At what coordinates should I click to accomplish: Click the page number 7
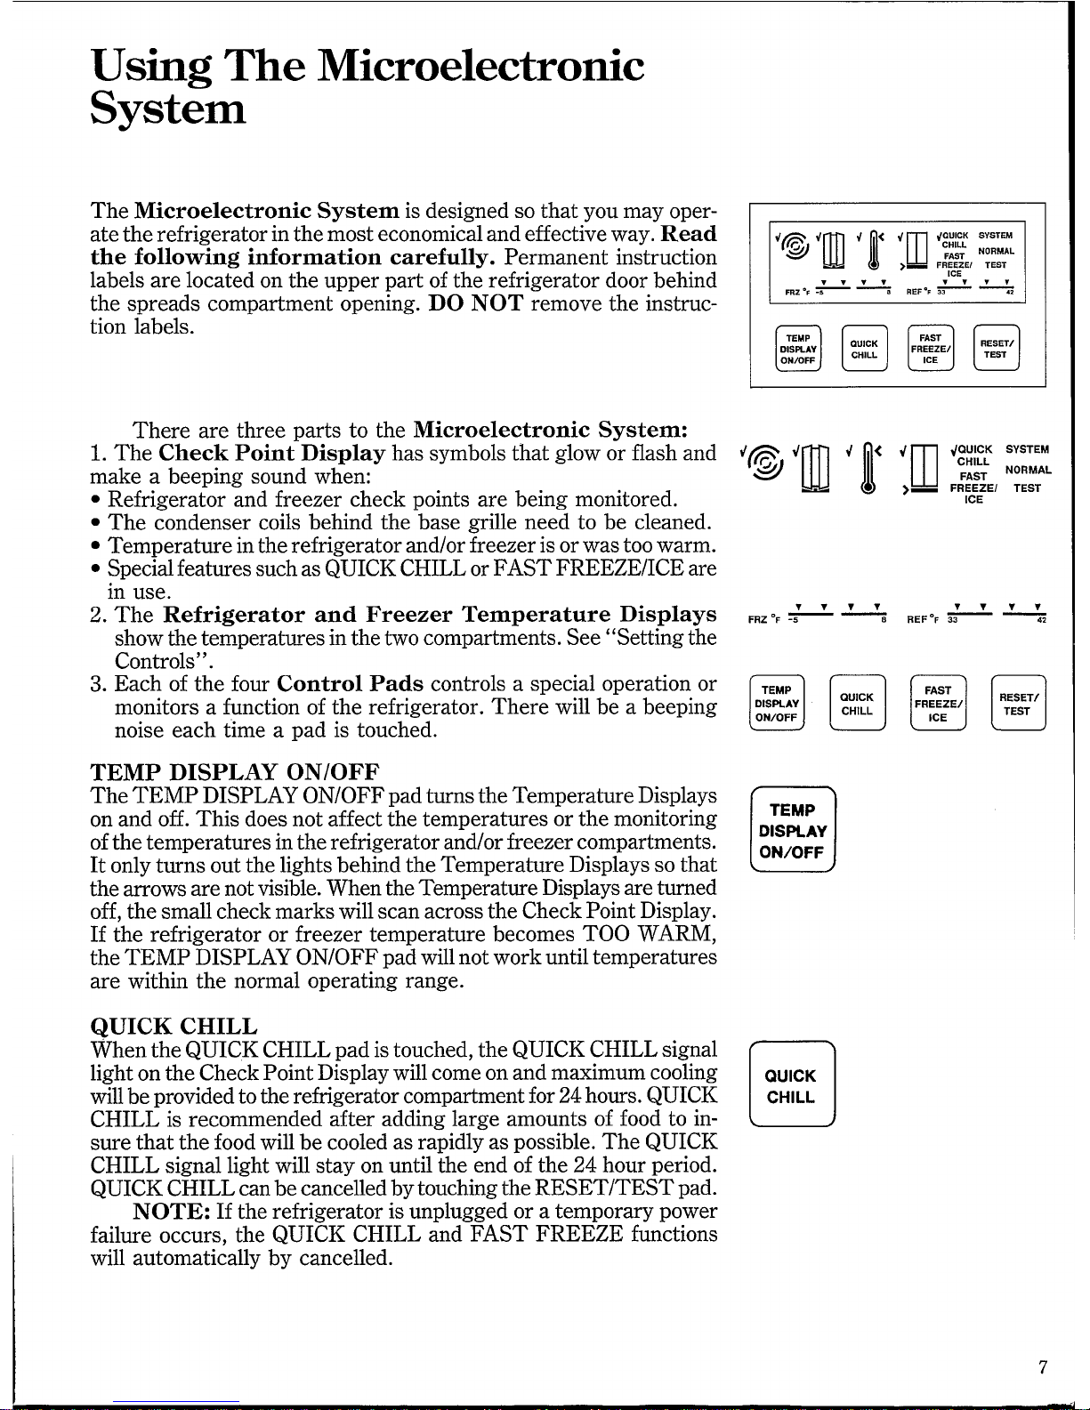(1043, 1367)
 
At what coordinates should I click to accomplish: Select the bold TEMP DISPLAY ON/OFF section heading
(234, 772)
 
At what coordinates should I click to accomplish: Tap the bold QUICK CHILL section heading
(174, 1026)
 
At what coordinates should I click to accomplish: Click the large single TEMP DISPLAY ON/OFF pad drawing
(793, 830)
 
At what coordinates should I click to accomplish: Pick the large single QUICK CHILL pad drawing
(792, 1084)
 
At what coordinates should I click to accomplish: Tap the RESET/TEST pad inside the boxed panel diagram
(996, 348)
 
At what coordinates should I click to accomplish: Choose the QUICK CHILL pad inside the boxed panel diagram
(864, 349)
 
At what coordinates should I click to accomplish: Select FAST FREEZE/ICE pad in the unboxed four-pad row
(938, 703)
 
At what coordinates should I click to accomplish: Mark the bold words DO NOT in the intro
(475, 303)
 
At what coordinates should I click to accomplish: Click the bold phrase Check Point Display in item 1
(272, 453)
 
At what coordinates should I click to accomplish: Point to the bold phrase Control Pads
(351, 683)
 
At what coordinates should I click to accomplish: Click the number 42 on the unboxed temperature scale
(1041, 620)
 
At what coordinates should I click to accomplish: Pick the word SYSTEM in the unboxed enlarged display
(1027, 449)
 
